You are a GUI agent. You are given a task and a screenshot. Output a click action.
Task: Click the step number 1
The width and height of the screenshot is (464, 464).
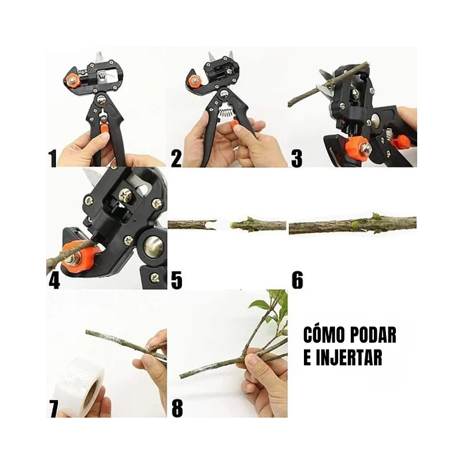(x=53, y=158)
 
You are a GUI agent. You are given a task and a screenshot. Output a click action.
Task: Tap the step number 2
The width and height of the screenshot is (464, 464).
(x=176, y=158)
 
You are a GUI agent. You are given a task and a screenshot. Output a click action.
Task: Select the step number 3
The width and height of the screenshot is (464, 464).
(x=296, y=158)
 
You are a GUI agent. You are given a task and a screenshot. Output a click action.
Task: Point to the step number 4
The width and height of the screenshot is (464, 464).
(x=54, y=280)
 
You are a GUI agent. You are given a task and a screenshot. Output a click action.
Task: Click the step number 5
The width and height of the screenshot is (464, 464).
(x=177, y=280)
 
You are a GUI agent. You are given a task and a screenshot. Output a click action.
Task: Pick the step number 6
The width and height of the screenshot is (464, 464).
(x=297, y=280)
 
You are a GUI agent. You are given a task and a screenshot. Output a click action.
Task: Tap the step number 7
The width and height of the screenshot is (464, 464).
(x=54, y=409)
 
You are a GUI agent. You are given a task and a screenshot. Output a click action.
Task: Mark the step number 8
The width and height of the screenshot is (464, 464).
(x=177, y=409)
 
